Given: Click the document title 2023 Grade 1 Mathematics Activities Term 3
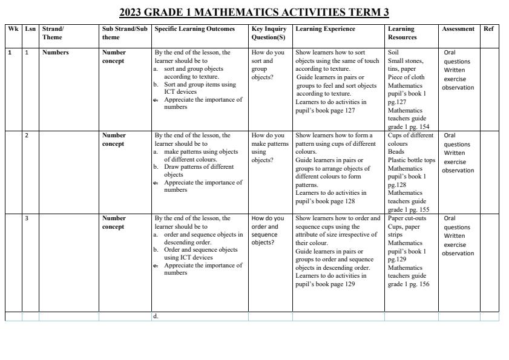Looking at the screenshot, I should pyautogui.click(x=254, y=12).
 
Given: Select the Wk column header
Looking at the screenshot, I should pyautogui.click(x=13, y=28).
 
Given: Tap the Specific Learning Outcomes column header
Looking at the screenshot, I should pyautogui.click(x=194, y=28).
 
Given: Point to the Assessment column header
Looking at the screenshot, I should pyautogui.click(x=458, y=28).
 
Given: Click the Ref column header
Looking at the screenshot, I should pyautogui.click(x=488, y=28).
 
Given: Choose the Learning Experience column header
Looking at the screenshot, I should pyautogui.click(x=325, y=28).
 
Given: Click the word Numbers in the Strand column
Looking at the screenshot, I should pyautogui.click(x=56, y=53).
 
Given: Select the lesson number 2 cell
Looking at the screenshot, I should pyautogui.click(x=27, y=136).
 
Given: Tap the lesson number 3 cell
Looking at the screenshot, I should pyautogui.click(x=27, y=218).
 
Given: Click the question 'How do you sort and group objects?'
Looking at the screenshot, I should pyautogui.click(x=268, y=65).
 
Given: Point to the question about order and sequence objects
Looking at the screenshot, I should pyautogui.click(x=268, y=231).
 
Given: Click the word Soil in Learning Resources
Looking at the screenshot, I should pyautogui.click(x=393, y=53).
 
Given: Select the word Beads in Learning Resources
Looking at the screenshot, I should pyautogui.click(x=396, y=152).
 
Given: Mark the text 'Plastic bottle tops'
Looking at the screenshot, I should pyautogui.click(x=411, y=160).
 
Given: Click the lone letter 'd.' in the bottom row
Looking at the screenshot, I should pyautogui.click(x=156, y=316).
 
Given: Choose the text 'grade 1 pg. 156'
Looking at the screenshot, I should pyautogui.click(x=408, y=284).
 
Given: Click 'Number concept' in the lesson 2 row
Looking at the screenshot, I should pyautogui.click(x=114, y=140).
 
